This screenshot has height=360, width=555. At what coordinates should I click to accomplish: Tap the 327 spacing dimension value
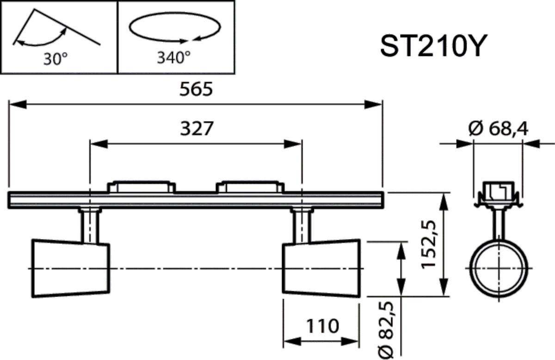196,128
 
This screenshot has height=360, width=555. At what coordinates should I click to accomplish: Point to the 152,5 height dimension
429,244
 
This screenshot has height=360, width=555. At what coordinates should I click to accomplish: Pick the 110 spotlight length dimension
321,326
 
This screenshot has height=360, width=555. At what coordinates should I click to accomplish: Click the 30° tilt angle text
56,58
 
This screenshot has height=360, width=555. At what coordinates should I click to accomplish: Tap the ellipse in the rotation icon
173,28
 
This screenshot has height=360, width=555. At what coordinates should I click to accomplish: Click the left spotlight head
70,268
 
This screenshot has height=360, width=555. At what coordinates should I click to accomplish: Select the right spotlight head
321,268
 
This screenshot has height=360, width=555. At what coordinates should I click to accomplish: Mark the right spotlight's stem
302,226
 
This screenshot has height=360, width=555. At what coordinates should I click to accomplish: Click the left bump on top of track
141,186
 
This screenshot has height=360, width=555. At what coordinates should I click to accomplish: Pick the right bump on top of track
249,186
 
